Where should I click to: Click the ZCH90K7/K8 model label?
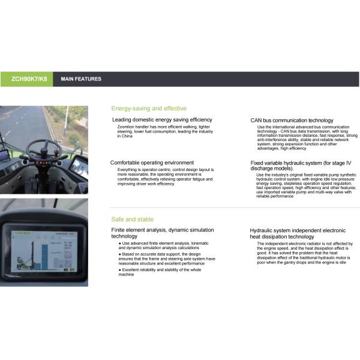pyautogui.click(x=29, y=79)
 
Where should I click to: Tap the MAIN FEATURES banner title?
pyautogui.click(x=81, y=79)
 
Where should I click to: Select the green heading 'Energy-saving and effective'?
pyautogui.click(x=149, y=109)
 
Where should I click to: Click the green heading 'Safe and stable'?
pyautogui.click(x=133, y=219)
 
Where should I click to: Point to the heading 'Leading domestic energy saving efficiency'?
pyautogui.click(x=162, y=119)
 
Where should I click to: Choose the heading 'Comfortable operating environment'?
pyautogui.click(x=152, y=163)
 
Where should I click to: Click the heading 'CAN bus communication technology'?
pyautogui.click(x=292, y=121)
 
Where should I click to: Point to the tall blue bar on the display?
pyautogui.click(x=45, y=257)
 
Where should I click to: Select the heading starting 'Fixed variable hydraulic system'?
pyautogui.click(x=301, y=166)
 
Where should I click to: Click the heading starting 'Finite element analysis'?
pyautogui.click(x=163, y=233)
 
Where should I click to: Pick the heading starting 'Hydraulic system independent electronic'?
pyautogui.click(x=298, y=233)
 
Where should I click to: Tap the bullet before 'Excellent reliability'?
pyautogui.click(x=120, y=270)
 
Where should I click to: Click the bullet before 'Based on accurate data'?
pyautogui.click(x=120, y=254)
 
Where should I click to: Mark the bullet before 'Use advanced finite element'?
pyautogui.click(x=120, y=243)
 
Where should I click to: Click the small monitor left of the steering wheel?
pyautogui.click(x=4, y=155)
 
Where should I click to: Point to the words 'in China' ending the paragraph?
pyautogui.click(x=125, y=136)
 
